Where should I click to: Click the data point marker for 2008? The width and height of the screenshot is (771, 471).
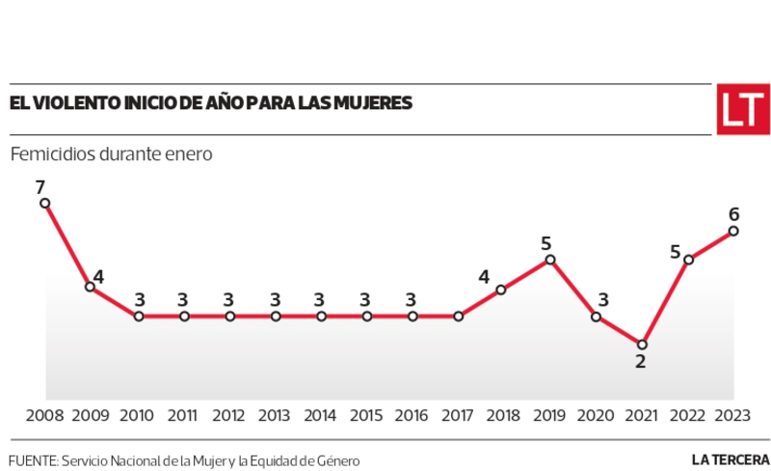pyautogui.click(x=45, y=204)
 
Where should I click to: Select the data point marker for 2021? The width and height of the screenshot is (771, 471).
pyautogui.click(x=642, y=344)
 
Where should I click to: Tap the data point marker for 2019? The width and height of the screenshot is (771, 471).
pyautogui.click(x=549, y=260)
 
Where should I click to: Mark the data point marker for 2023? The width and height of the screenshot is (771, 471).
pyautogui.click(x=734, y=231)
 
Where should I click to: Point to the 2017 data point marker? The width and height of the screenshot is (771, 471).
pyautogui.click(x=459, y=316)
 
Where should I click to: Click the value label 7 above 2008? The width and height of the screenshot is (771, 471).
pyautogui.click(x=40, y=186)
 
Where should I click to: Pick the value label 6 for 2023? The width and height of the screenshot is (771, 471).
pyautogui.click(x=734, y=214)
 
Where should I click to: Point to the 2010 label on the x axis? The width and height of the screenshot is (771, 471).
pyautogui.click(x=137, y=416)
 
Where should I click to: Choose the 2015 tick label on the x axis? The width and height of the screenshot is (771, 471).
pyautogui.click(x=366, y=416)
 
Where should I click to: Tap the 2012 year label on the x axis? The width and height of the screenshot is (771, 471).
pyautogui.click(x=229, y=416)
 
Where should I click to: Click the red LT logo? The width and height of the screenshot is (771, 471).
pyautogui.click(x=741, y=110)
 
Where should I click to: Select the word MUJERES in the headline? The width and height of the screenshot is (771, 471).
pyautogui.click(x=369, y=102)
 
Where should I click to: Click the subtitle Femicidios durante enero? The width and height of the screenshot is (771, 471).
pyautogui.click(x=111, y=154)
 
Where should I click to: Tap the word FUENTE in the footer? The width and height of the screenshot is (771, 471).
pyautogui.click(x=32, y=460)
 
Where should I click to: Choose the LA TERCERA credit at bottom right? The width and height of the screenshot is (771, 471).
pyautogui.click(x=729, y=460)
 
